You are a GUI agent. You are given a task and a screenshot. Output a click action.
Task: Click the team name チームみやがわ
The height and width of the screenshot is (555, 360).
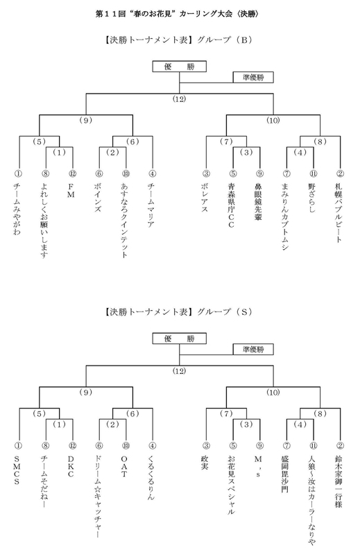18,211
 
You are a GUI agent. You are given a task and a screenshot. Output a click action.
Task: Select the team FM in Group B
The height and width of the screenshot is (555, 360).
71,189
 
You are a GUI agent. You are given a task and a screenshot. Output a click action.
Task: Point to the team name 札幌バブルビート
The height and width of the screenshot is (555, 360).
339,211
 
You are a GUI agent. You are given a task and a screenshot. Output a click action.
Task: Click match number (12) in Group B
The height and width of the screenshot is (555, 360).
179,99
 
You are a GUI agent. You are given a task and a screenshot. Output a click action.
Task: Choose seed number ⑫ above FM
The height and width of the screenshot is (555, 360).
71,173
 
